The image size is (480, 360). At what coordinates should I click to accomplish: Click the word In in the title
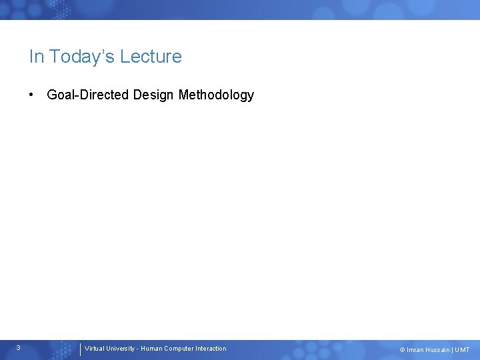(37, 57)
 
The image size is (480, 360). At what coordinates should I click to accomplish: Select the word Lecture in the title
(151, 57)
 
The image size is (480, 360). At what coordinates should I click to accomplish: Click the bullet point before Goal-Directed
(32, 95)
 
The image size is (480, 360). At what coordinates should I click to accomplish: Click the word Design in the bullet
(153, 95)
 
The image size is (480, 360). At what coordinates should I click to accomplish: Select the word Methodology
(216, 95)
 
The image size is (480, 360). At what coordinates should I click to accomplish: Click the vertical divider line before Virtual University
(80, 349)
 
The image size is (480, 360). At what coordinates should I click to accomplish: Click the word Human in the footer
(151, 349)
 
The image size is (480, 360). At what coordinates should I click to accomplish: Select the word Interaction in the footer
(211, 349)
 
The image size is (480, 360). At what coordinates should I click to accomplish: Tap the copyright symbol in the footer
(403, 350)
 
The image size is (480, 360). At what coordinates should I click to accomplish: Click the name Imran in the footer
(416, 350)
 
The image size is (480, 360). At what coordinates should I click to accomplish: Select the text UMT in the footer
(463, 350)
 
